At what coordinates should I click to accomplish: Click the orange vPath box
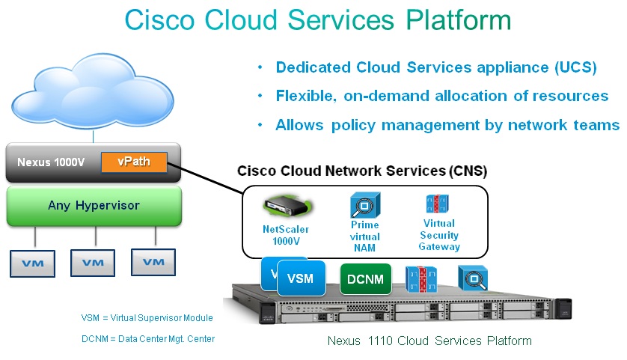pos(135,161)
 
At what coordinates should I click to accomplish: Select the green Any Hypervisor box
pos(94,205)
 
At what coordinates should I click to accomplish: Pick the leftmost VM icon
pos(32,263)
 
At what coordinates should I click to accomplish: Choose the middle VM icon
pos(93,263)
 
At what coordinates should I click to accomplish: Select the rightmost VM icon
pos(153,262)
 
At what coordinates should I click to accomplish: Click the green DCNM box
pos(366,279)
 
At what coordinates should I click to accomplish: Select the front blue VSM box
pos(300,279)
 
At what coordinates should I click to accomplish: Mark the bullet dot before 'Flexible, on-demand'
pos(260,96)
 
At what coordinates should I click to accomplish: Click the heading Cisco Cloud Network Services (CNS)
pos(362,171)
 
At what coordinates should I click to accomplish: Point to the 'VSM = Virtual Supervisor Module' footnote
pos(147,318)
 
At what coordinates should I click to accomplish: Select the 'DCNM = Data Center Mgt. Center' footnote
pos(148,339)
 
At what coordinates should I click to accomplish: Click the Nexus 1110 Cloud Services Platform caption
pos(429,341)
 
